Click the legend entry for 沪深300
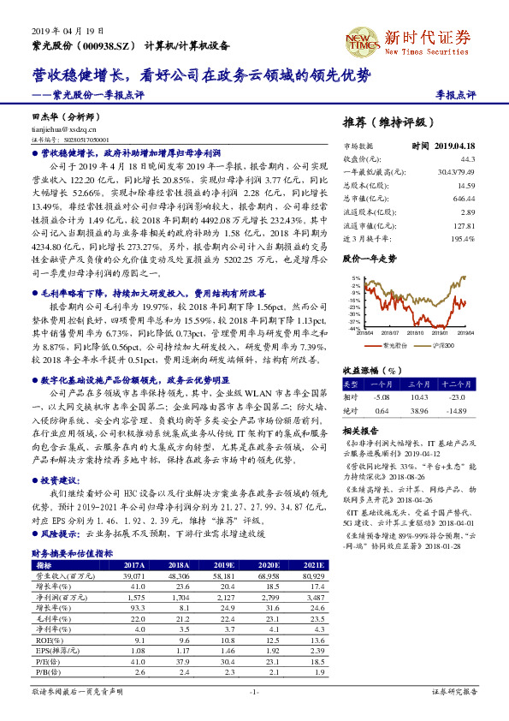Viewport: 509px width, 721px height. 443,345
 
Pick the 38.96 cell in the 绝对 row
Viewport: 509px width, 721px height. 419,411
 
